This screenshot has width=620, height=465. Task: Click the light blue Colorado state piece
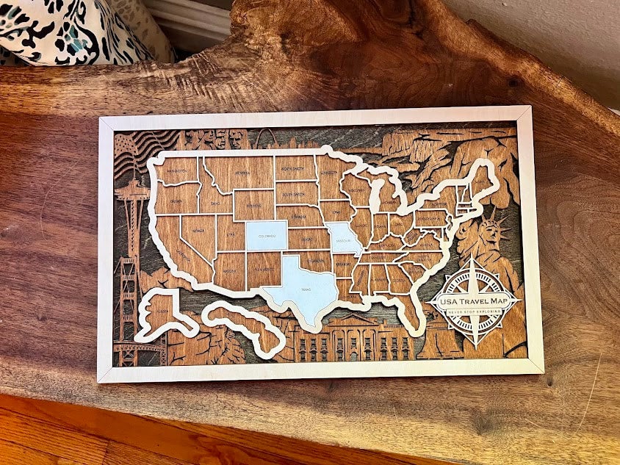[266, 236]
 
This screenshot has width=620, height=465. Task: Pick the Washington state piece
[177, 170]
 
